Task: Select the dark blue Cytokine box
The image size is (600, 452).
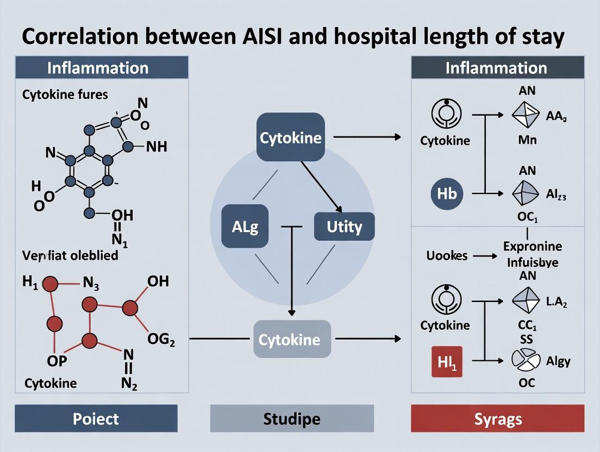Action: click(x=290, y=137)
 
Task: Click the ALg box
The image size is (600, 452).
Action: click(x=245, y=227)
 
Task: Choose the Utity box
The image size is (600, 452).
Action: click(x=344, y=226)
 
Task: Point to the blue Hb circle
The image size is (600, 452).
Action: click(x=447, y=193)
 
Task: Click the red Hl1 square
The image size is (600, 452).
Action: click(x=447, y=361)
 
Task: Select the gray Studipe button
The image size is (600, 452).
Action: click(x=292, y=419)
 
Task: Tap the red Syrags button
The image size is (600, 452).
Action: click(x=498, y=419)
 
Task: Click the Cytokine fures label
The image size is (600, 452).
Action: click(x=65, y=95)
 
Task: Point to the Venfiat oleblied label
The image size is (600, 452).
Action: click(x=70, y=255)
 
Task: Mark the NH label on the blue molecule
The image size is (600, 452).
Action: click(x=157, y=147)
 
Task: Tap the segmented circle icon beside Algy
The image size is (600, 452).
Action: click(x=526, y=360)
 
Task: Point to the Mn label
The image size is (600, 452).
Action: click(x=527, y=140)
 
